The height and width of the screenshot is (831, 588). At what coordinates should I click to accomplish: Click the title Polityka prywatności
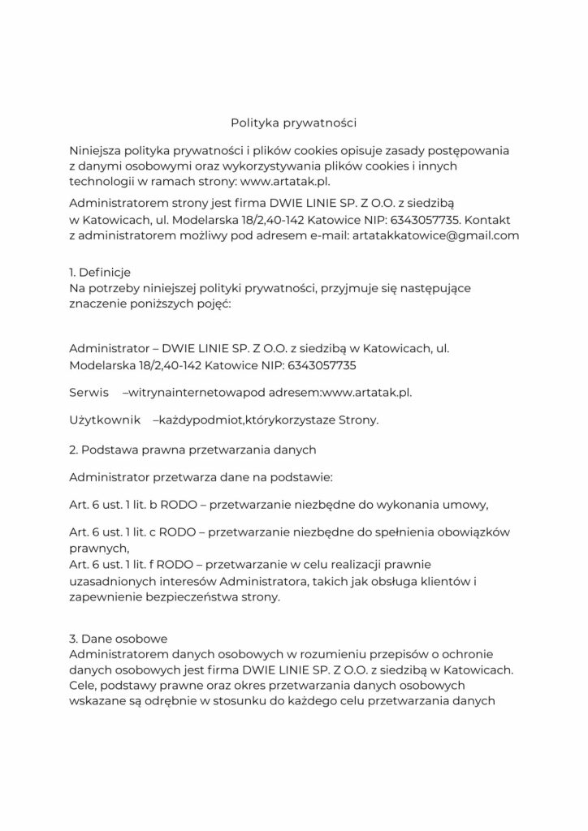tap(294, 123)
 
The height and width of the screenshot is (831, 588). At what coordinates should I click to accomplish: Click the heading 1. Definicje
tap(101, 272)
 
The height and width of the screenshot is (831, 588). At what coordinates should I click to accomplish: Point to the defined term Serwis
tap(89, 393)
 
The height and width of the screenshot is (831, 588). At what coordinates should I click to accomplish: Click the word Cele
tap(84, 685)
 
